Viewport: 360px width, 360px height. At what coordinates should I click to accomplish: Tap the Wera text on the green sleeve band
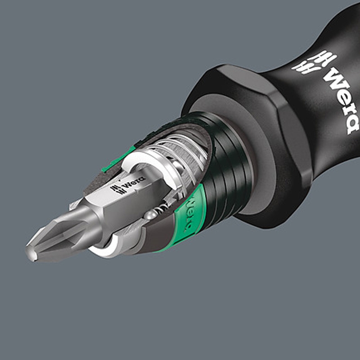coord(192,212)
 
